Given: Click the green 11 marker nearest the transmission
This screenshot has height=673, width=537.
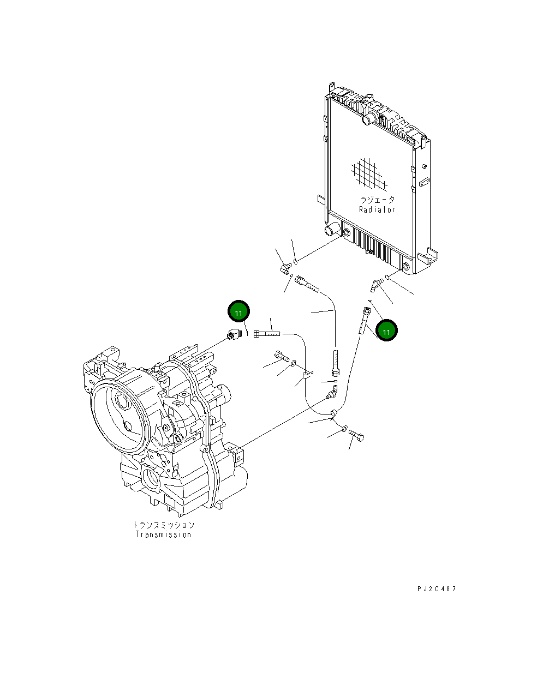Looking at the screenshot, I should [238, 312].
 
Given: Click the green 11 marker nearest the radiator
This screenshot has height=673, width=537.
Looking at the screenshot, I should [386, 331].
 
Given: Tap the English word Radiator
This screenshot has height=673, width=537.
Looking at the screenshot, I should [377, 209].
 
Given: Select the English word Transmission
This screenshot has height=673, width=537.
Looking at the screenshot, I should [164, 534].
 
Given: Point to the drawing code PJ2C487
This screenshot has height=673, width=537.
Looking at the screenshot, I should [437, 589].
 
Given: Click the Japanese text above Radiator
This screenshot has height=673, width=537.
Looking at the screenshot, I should [377, 200].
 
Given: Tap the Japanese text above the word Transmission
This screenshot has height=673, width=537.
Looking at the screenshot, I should [164, 525].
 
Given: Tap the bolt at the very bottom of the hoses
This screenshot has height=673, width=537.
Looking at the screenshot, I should [357, 435].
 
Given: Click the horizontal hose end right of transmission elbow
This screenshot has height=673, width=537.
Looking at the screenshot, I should [266, 333].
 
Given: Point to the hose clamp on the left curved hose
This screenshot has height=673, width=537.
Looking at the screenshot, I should [307, 375].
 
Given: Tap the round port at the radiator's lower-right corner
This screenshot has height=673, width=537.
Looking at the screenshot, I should [405, 267].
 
